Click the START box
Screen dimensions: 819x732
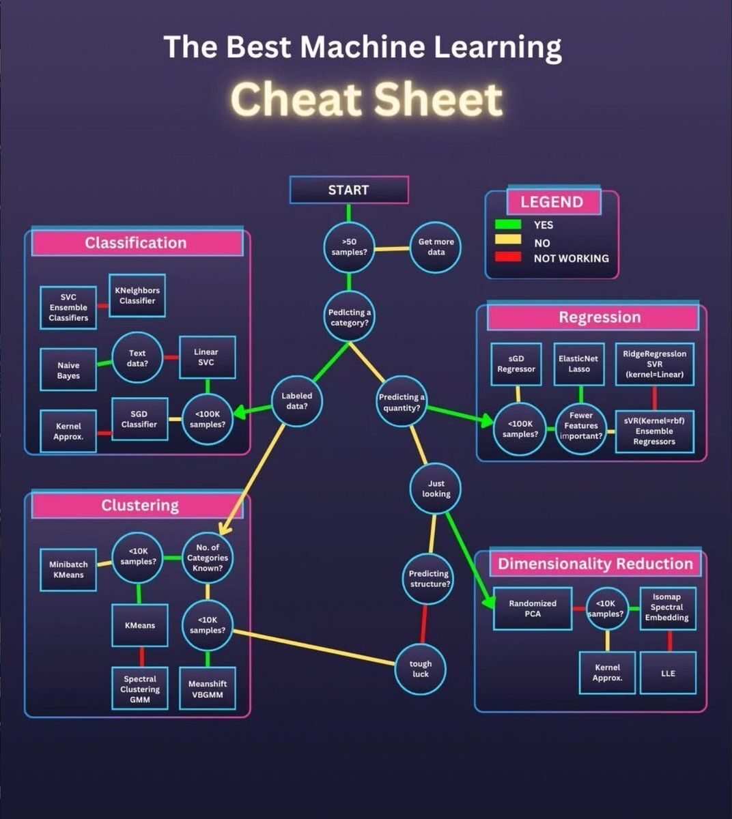349,190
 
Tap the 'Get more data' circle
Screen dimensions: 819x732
436,247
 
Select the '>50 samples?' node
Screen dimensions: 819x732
349,247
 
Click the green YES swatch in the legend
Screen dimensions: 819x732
508,225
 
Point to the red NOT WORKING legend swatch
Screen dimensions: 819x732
508,257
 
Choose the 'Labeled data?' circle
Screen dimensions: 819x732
297,401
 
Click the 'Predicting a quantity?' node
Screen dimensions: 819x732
402,402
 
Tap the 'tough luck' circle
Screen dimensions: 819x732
421,669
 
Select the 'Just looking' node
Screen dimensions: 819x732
436,489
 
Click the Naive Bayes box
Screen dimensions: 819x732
68,370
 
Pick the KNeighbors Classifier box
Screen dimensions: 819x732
137,296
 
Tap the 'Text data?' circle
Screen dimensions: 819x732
137,358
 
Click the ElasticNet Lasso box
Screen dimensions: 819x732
579,364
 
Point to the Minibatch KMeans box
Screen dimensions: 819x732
68,570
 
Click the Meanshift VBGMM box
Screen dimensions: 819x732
208,689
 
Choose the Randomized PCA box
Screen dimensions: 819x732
533,608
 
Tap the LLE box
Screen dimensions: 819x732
668,673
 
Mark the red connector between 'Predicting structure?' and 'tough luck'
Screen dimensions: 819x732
424,624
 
